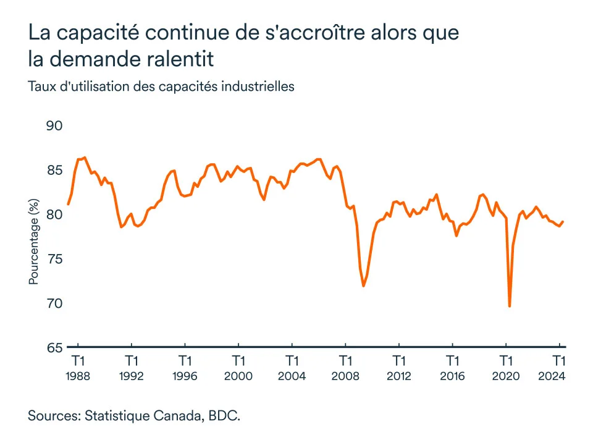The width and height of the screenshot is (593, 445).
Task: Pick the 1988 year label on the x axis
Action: coord(78,375)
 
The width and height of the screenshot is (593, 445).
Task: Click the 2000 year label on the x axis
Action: coord(238,375)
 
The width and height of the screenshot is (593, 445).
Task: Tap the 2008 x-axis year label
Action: coord(345,375)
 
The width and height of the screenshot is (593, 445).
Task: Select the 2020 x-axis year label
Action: coord(506,375)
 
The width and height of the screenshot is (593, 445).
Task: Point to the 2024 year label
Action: coord(559,375)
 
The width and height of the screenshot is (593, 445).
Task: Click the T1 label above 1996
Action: coord(185,360)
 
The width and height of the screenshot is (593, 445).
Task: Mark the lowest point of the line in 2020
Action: coord(510,306)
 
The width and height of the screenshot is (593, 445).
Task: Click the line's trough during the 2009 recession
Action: coord(364,286)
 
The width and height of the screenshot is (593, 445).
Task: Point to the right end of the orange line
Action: coord(563,222)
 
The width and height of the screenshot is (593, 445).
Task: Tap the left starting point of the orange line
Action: coord(68,204)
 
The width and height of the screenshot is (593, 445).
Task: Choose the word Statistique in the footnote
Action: coord(114,415)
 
